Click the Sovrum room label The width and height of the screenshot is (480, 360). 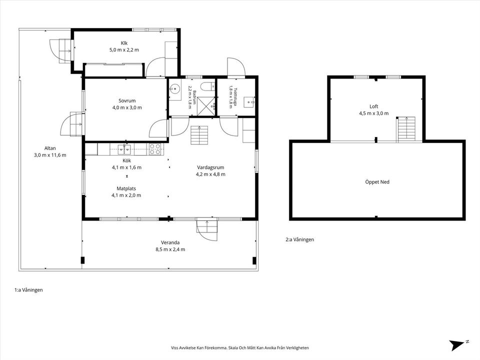click(x=127, y=100)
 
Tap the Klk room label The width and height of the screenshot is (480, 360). click(x=124, y=43)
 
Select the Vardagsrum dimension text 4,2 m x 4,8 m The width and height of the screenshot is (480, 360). click(x=210, y=174)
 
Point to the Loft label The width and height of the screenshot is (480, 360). click(x=374, y=106)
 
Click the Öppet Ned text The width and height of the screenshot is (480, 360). click(x=377, y=182)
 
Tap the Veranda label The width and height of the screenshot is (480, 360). click(x=170, y=242)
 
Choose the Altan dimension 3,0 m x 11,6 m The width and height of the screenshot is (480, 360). click(x=50, y=155)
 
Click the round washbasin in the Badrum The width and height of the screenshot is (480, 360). click(x=175, y=89)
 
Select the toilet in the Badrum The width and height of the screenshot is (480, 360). click(x=209, y=86)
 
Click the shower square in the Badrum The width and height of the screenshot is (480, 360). click(x=206, y=106)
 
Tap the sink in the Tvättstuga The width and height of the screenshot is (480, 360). click(x=249, y=102)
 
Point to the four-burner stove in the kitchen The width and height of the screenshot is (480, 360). click(x=155, y=149)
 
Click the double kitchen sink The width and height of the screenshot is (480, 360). click(x=124, y=149)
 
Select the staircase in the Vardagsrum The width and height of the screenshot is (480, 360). click(x=199, y=135)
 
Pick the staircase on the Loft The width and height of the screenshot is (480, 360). click(x=406, y=129)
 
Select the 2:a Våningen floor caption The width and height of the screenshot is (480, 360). click(x=299, y=239)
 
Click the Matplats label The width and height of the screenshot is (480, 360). click(x=126, y=188)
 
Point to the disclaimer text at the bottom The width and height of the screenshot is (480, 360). click(x=240, y=348)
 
